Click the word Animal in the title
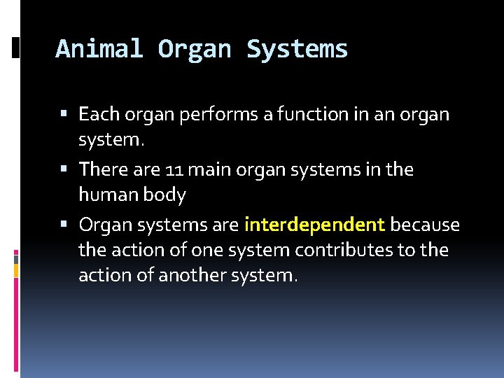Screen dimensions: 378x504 tap(99, 49)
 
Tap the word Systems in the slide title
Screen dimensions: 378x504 tap(297, 49)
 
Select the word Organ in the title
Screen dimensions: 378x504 tap(195, 49)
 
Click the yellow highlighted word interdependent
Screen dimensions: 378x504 tap(314, 225)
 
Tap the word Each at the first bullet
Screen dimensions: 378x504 tap(98, 113)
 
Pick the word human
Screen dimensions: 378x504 tap(105, 195)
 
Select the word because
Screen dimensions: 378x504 tap(425, 225)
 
